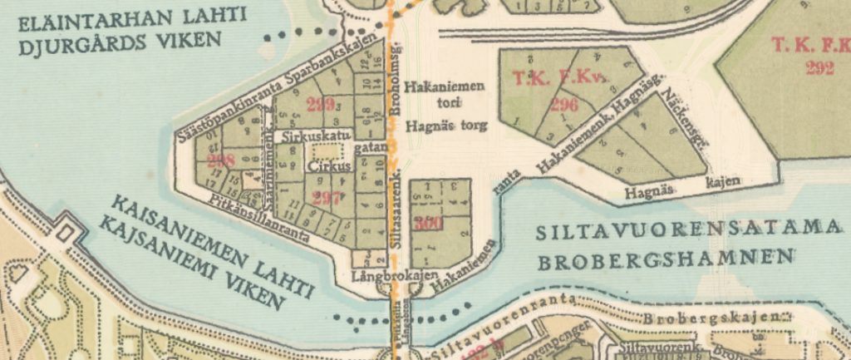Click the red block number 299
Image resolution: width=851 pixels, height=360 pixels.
click(320, 105)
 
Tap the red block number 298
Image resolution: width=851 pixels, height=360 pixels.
click(221, 160)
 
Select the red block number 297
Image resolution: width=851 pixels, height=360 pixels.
click(320, 197)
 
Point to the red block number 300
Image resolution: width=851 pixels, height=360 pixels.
click(430, 223)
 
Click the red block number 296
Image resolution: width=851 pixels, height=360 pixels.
click(563, 105)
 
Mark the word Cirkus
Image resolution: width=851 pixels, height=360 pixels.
click(325, 166)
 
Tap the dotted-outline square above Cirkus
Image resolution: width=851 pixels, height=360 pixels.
click(325, 151)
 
